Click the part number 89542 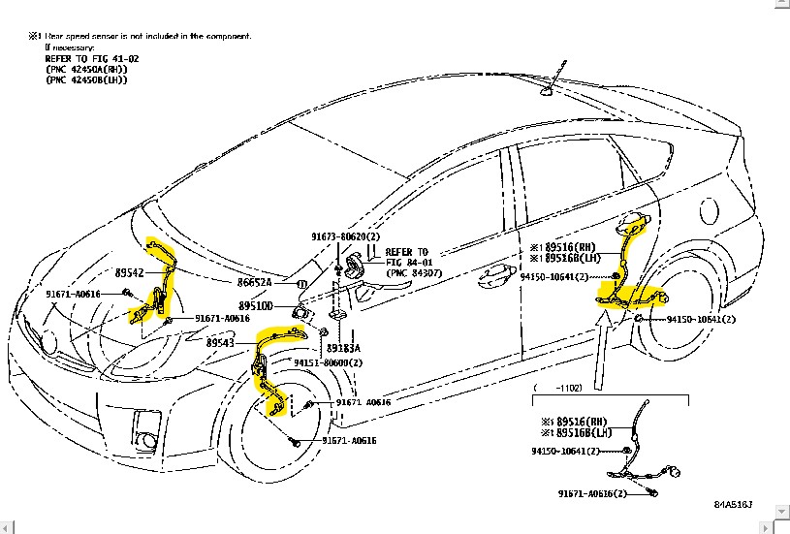[129, 274]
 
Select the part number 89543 [220, 343]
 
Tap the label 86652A [256, 283]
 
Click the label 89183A [343, 348]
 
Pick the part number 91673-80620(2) [346, 236]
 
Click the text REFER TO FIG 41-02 [90, 58]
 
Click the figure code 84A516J [734, 505]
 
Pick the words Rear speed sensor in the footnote [82, 36]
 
